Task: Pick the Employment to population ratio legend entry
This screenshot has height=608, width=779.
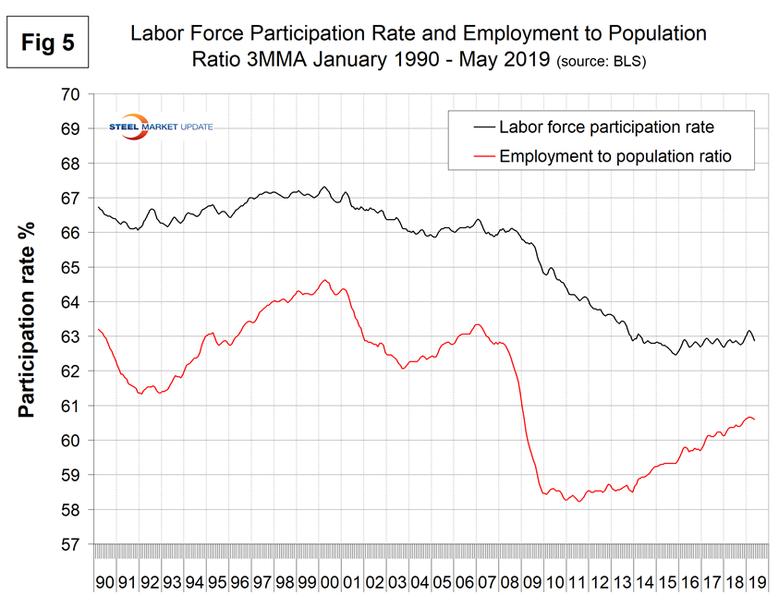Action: tap(601, 156)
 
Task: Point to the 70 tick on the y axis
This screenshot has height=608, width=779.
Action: tap(72, 94)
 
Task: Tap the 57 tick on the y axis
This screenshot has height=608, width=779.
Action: tap(72, 545)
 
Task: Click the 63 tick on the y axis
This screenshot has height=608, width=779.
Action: tap(72, 337)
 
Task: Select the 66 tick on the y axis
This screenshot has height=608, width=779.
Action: tap(72, 233)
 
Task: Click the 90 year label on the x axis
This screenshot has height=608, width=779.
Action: tap(105, 584)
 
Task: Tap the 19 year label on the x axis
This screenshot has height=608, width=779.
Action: tap(755, 584)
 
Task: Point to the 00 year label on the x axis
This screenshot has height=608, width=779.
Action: tap(329, 584)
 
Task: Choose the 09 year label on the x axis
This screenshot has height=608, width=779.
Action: tap(531, 584)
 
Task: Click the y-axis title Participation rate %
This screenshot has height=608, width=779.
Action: tap(28, 319)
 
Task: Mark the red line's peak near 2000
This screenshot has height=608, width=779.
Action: tap(324, 280)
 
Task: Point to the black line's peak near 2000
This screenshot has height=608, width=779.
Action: tap(324, 187)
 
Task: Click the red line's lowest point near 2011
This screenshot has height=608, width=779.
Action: tap(578, 502)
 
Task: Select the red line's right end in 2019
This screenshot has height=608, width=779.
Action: tap(756, 420)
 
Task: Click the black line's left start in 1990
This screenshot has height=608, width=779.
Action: tap(97, 206)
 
